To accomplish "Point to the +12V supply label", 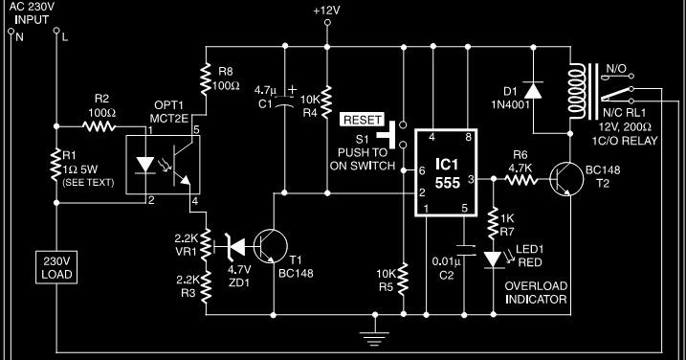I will tap(327, 11).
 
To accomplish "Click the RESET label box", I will tap(362, 121).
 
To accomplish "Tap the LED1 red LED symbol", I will tap(494, 258).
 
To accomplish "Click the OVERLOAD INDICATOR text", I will tap(536, 292).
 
